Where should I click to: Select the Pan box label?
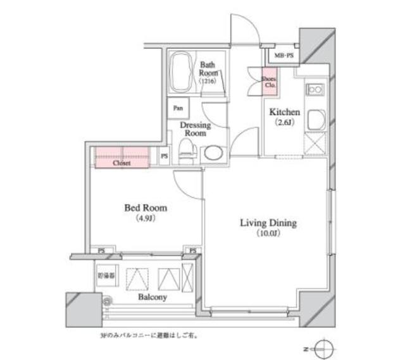tap(177, 108)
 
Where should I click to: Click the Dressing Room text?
tap(194, 129)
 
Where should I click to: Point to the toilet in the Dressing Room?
tap(187, 150)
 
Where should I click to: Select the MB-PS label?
tap(284, 56)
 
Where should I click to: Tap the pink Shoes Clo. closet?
tap(270, 80)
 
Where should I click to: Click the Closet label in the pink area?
tap(121, 163)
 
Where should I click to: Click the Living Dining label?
tap(268, 223)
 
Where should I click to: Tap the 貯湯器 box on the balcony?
tap(107, 276)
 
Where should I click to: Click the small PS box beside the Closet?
tap(164, 156)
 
